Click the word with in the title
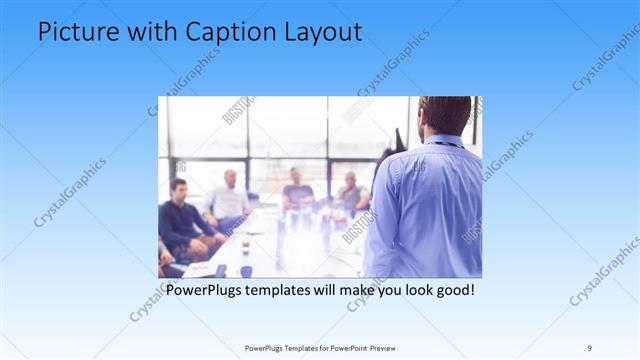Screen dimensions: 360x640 pyautogui.click(x=151, y=33)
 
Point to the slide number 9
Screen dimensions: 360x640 pyautogui.click(x=590, y=348)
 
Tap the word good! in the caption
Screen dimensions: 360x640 pyautogui.click(x=450, y=291)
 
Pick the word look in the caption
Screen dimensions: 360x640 pyautogui.click(x=404, y=291)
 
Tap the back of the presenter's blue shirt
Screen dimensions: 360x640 pyautogui.click(x=430, y=210)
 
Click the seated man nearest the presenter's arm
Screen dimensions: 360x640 pyautogui.click(x=351, y=195)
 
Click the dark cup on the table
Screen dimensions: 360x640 pyautogui.click(x=247, y=271)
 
